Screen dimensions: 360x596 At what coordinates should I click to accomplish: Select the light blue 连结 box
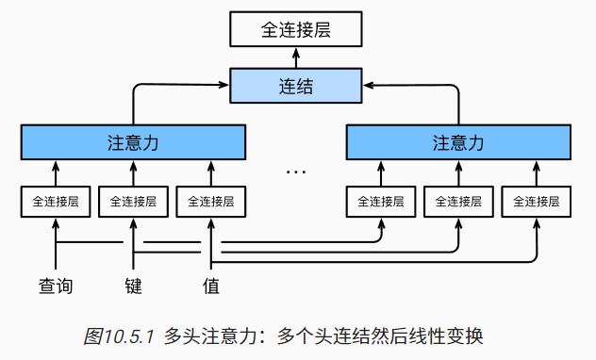point(297,87)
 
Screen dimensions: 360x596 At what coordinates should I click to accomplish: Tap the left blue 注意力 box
point(133,142)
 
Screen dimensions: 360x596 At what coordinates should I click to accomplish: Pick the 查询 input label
point(56,285)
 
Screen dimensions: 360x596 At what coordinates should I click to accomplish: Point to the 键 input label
point(133,285)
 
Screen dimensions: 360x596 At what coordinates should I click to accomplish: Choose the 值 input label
point(211,285)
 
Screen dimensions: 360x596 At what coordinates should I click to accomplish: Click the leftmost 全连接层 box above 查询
point(56,201)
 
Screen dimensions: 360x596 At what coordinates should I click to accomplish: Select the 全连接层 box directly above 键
point(133,201)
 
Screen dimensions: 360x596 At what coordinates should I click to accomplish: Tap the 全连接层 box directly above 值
point(211,201)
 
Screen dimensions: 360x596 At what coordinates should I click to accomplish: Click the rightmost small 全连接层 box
point(537,201)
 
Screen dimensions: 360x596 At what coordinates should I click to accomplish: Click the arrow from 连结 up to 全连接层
point(297,58)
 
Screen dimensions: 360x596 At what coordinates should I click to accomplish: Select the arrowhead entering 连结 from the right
point(367,87)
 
